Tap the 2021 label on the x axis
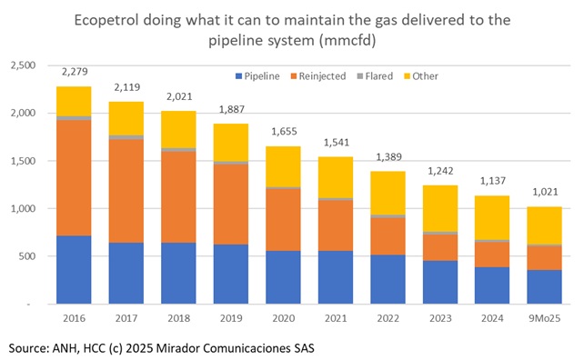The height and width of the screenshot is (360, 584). (337, 318)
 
